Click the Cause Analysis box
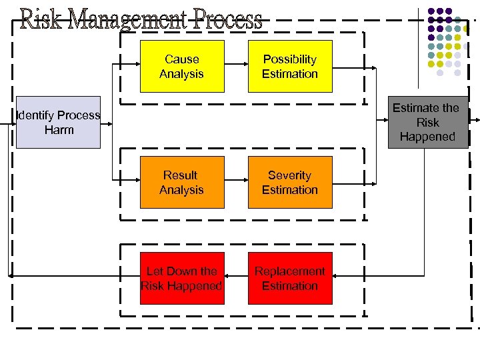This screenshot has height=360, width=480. click(x=181, y=67)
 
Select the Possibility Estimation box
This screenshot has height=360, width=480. click(x=290, y=67)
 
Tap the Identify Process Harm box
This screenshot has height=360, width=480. click(x=59, y=122)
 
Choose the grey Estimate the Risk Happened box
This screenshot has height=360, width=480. click(x=427, y=122)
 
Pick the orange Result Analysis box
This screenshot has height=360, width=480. click(x=181, y=183)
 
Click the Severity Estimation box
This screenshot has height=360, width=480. click(x=290, y=183)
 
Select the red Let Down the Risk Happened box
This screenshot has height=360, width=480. click(x=181, y=279)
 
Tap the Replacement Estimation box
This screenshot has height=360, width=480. click(x=290, y=279)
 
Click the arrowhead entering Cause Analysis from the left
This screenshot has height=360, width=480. click(x=137, y=67)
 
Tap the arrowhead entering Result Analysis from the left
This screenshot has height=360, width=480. click(x=137, y=183)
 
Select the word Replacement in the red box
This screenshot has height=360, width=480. click(x=290, y=271)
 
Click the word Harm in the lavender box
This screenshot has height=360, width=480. click(x=59, y=130)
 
